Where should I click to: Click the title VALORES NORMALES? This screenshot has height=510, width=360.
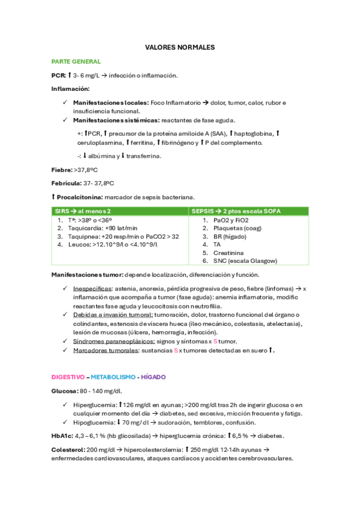[180, 47]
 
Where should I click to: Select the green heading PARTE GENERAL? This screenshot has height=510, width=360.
[76, 61]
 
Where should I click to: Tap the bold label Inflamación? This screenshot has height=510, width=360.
[70, 88]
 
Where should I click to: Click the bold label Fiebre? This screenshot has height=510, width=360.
[62, 170]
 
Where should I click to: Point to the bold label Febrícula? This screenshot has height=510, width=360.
[66, 183]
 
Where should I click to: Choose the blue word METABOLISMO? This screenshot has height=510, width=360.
[112, 376]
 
